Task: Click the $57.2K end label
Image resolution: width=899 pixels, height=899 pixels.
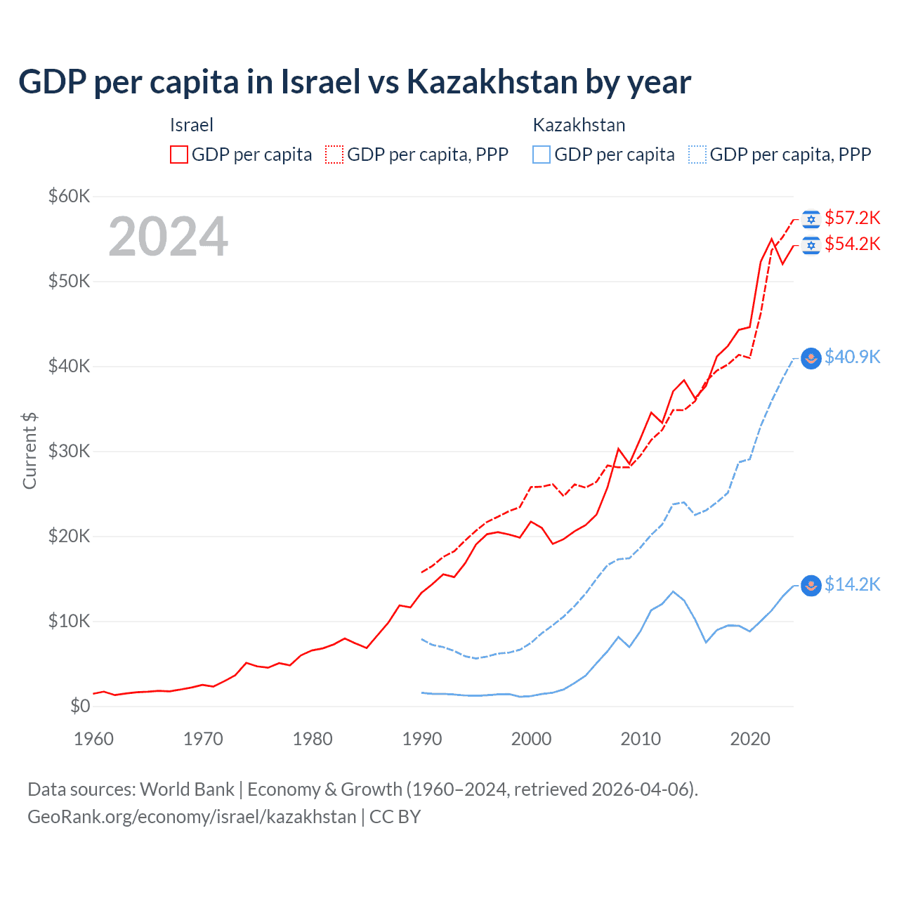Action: point(852,218)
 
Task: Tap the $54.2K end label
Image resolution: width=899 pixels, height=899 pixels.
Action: point(852,244)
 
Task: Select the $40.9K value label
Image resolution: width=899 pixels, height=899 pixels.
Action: point(852,357)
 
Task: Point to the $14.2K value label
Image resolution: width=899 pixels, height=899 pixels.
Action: point(852,584)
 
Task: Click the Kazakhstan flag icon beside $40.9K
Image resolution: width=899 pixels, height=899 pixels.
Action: point(811,358)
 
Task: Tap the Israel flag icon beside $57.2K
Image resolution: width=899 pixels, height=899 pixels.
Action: point(811,219)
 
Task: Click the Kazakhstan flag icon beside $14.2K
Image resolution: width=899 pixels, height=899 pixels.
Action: point(811,585)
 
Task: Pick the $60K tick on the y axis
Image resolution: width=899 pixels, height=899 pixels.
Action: point(69,196)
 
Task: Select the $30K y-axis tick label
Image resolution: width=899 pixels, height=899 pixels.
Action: point(69,451)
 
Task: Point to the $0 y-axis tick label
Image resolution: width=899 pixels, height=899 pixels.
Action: point(80,706)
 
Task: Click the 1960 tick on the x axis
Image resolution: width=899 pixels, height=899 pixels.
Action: point(93,739)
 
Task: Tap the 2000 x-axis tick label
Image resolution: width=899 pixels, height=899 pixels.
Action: point(532,739)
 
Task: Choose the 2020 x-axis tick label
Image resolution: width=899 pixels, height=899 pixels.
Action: point(750,739)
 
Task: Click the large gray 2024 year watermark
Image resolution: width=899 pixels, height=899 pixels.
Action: point(169,237)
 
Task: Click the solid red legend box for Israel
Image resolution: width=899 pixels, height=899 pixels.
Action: point(179,155)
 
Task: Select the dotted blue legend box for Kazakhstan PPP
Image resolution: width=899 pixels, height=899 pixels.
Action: point(697,155)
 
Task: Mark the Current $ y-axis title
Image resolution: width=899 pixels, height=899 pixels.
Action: point(29,451)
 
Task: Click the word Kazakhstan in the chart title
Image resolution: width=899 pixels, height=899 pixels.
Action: point(492,81)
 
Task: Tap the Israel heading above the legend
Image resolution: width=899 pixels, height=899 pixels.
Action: point(191,125)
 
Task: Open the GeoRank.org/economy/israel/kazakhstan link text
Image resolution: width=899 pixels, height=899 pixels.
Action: point(192,817)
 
